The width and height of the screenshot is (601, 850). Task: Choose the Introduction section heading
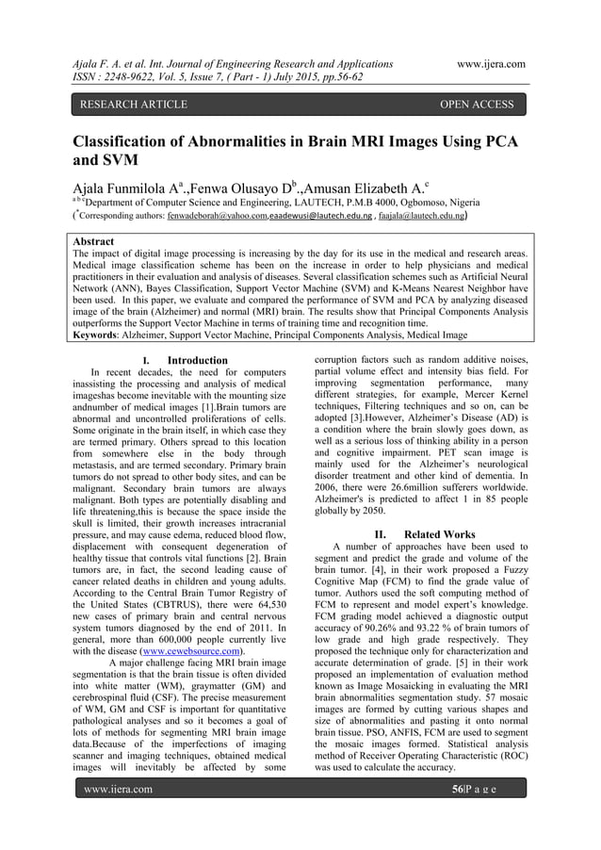pos(196,360)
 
